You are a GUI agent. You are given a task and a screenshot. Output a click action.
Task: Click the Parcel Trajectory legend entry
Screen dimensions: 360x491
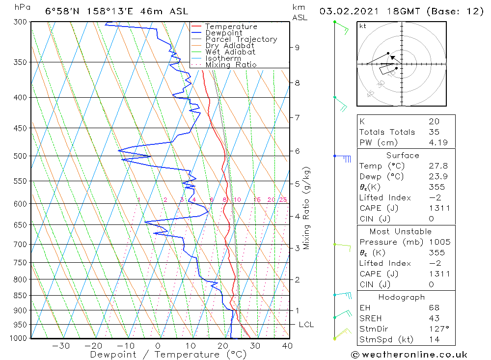pyautogui.click(x=241, y=39)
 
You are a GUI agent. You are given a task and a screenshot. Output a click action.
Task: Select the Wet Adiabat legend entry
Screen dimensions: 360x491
pyautogui.click(x=230, y=52)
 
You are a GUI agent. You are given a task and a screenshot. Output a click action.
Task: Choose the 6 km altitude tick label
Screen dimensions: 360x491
pyautogui.click(x=297, y=151)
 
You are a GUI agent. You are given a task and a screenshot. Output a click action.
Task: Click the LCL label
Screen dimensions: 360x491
pyautogui.click(x=306, y=325)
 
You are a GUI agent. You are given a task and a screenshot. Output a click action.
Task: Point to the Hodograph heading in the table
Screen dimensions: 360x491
pyautogui.click(x=402, y=297)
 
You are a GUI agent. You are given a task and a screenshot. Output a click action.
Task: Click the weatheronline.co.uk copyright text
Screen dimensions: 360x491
pyautogui.click(x=409, y=355)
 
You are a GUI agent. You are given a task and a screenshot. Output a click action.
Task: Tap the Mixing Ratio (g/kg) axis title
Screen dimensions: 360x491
pyautogui.click(x=306, y=208)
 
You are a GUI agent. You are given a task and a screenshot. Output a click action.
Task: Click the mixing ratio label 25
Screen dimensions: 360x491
pyautogui.click(x=283, y=199)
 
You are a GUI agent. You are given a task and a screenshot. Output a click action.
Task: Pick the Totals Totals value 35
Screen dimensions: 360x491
pyautogui.click(x=434, y=132)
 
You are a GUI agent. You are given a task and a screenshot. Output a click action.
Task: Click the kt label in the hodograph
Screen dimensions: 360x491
pyautogui.click(x=362, y=26)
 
